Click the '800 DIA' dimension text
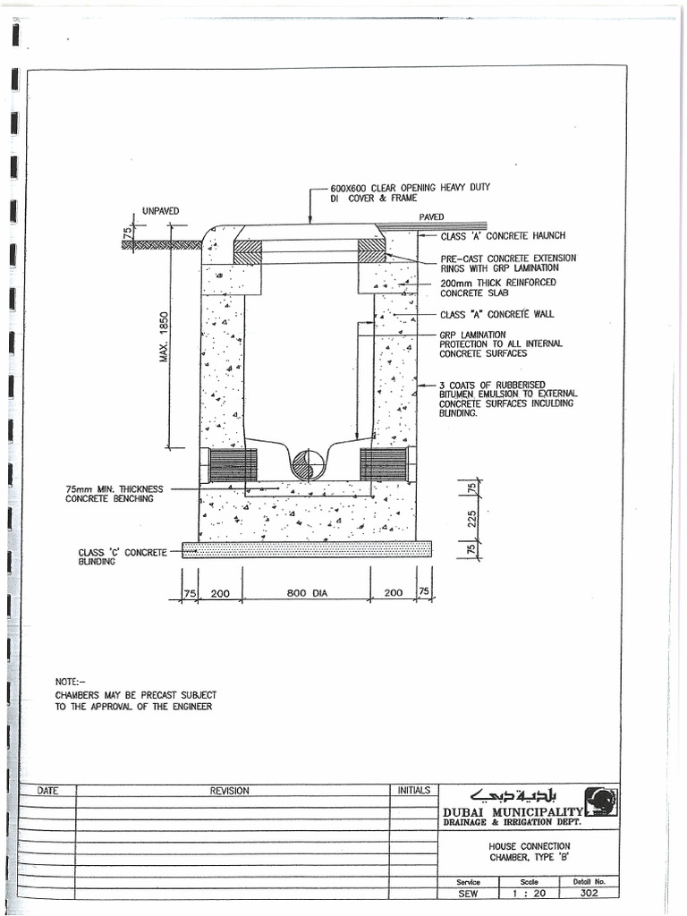[308, 593]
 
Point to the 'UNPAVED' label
[160, 211]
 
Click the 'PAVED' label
[431, 216]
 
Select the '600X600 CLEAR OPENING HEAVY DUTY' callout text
[410, 188]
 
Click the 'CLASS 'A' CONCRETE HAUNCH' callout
[502, 236]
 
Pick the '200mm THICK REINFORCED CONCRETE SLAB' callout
[496, 287]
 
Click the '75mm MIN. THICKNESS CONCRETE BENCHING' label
[114, 494]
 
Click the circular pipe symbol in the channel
[308, 464]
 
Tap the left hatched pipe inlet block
[233, 464]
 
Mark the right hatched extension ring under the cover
[371, 250]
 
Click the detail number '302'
[588, 892]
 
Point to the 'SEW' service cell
[469, 892]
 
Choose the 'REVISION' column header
[230, 791]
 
